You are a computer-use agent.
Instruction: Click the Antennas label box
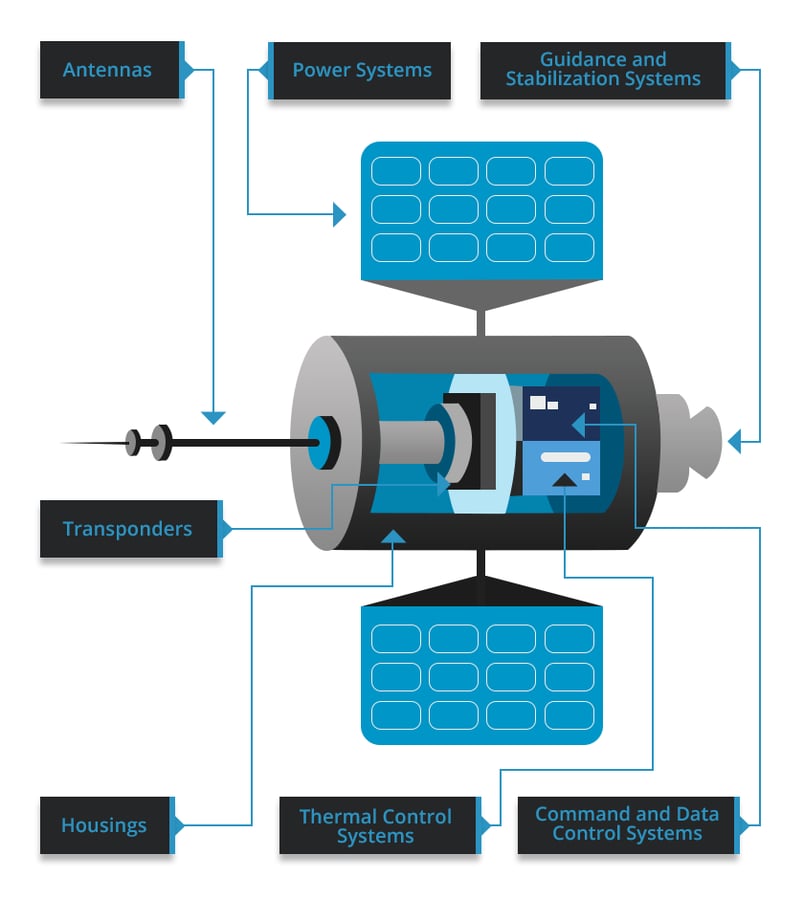(x=110, y=70)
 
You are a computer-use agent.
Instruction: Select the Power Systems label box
(x=361, y=70)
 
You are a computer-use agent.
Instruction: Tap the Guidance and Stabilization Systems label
(x=603, y=70)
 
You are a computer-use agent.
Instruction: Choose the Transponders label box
(x=128, y=528)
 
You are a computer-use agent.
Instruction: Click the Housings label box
(x=105, y=825)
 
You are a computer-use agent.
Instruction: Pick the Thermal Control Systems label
(x=376, y=826)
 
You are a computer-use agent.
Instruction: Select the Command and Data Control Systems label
(x=627, y=824)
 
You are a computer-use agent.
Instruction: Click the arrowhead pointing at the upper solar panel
(x=339, y=213)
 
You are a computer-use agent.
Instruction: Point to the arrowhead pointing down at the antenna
(x=213, y=417)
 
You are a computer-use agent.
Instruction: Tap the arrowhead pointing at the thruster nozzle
(x=735, y=441)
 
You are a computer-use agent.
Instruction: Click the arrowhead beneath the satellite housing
(x=394, y=538)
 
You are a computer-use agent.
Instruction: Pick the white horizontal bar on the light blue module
(x=565, y=456)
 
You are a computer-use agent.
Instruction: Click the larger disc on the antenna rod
(x=159, y=441)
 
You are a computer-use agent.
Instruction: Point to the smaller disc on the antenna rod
(x=133, y=442)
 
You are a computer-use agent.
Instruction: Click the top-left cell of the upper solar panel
(x=396, y=171)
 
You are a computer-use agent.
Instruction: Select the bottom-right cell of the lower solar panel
(x=569, y=715)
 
